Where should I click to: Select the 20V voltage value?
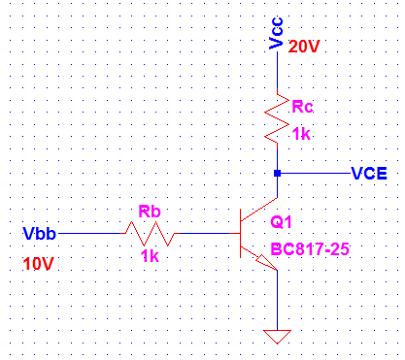click(x=306, y=47)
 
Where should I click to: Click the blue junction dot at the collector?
click(x=278, y=174)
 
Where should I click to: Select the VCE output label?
click(x=369, y=174)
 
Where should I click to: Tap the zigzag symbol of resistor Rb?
click(x=150, y=234)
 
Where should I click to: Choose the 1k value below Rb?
click(x=150, y=257)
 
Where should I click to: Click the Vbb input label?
click(x=39, y=234)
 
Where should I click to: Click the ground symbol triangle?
click(x=278, y=337)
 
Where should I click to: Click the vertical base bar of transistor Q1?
click(x=243, y=234)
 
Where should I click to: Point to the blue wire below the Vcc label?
click(x=278, y=74)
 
